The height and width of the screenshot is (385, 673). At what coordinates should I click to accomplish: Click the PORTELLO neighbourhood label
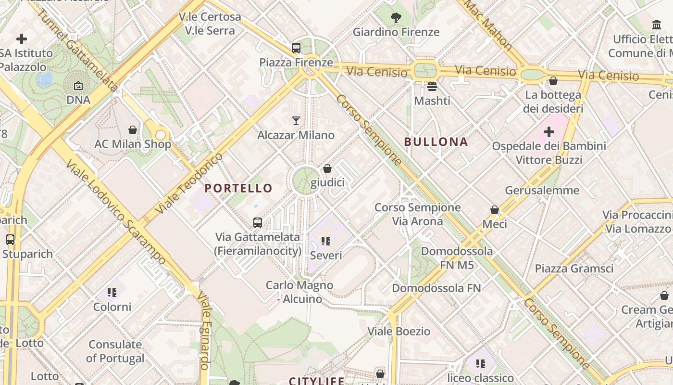point(238,188)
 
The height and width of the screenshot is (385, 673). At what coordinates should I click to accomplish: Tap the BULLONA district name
point(436,142)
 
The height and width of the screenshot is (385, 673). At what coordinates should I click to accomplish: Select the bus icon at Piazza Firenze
point(296,48)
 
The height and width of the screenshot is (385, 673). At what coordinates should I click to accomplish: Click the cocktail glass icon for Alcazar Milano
point(296,121)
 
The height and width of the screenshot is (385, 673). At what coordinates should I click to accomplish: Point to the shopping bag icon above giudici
point(327,168)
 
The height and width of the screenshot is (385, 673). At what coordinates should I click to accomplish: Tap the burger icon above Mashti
point(432,87)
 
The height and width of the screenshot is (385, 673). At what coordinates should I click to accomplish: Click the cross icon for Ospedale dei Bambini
point(548,131)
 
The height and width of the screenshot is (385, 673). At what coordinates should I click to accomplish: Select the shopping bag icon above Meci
point(494,210)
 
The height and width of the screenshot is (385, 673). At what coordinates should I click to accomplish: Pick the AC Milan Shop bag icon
point(133,130)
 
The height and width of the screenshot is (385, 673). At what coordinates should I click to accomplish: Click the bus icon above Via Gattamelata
point(258,223)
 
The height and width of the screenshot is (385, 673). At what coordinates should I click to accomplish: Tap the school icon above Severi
point(326,241)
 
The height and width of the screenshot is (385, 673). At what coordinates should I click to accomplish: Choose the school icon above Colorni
point(112,293)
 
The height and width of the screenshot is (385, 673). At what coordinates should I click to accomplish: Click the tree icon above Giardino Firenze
point(396,18)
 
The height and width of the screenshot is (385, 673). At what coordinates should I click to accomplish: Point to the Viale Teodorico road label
point(189,183)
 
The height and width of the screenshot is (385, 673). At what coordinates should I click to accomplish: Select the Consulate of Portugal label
point(115,351)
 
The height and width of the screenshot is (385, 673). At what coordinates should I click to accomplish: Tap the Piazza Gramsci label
point(574,269)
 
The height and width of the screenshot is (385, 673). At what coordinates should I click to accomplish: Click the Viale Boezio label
point(399,332)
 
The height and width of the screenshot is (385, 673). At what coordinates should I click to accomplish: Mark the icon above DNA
point(78,86)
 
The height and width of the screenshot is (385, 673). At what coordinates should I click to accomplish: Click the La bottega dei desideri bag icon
point(553,81)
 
